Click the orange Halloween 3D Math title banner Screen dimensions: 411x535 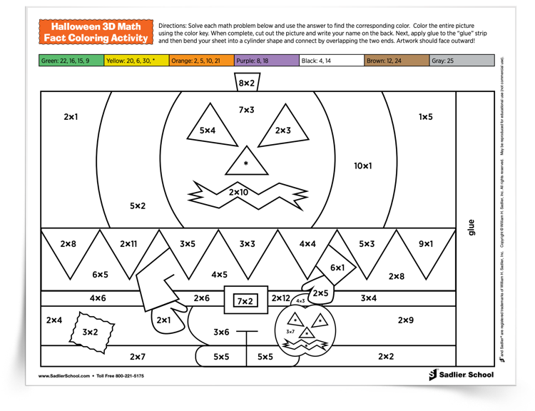coord(97,32)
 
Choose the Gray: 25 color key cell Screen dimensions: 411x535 coord(462,61)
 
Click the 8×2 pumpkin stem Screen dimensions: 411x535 coord(246,83)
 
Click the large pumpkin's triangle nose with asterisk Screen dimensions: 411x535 coord(246,163)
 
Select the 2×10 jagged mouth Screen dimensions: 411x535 coord(240,192)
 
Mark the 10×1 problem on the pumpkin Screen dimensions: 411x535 coord(363,166)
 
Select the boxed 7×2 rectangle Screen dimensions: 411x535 coord(245,301)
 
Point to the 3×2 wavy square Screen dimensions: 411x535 coord(90,330)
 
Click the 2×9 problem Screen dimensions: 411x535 coord(405,320)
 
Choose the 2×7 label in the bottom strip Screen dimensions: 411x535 coord(138,356)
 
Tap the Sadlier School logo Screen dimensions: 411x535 coord(460,375)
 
